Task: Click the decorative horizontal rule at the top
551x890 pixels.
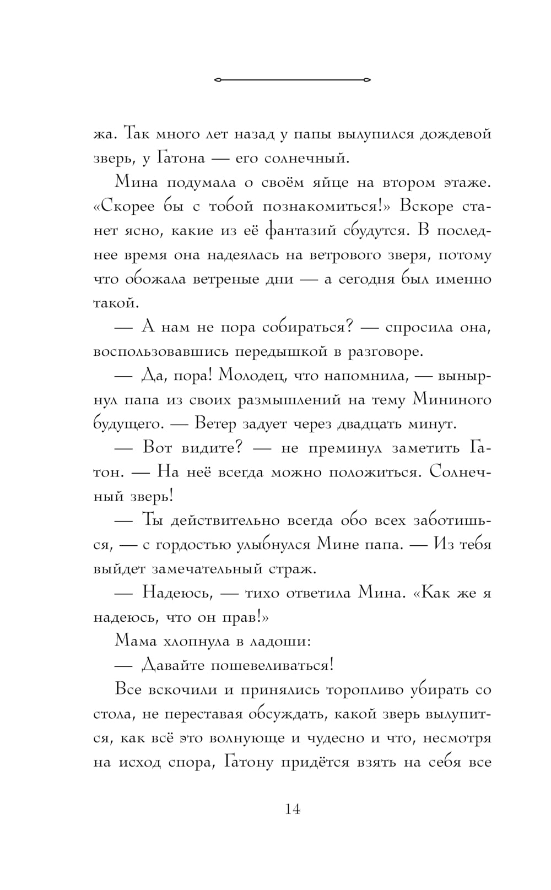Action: point(292,80)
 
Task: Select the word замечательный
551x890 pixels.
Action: point(218,568)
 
